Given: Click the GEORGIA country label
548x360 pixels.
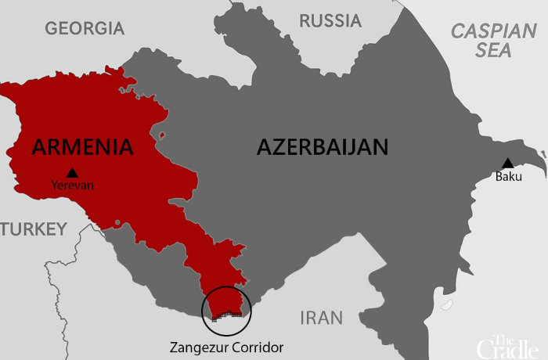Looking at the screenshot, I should [x=85, y=29].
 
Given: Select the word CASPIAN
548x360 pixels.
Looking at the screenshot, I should [x=492, y=31].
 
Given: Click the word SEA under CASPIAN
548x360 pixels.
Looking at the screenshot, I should [x=492, y=51].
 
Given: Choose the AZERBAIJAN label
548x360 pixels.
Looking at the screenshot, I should [x=323, y=147].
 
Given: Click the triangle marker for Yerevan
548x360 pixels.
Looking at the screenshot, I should [x=72, y=172].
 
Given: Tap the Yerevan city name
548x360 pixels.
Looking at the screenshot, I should [x=72, y=186].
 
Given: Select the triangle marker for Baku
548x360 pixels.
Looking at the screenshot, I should [x=507, y=163].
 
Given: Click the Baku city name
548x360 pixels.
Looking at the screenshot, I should [x=508, y=177].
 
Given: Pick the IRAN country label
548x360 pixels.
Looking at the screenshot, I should [x=322, y=318].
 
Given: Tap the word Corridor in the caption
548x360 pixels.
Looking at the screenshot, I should [x=258, y=347].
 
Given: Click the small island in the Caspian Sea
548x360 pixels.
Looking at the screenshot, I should [x=447, y=304].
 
